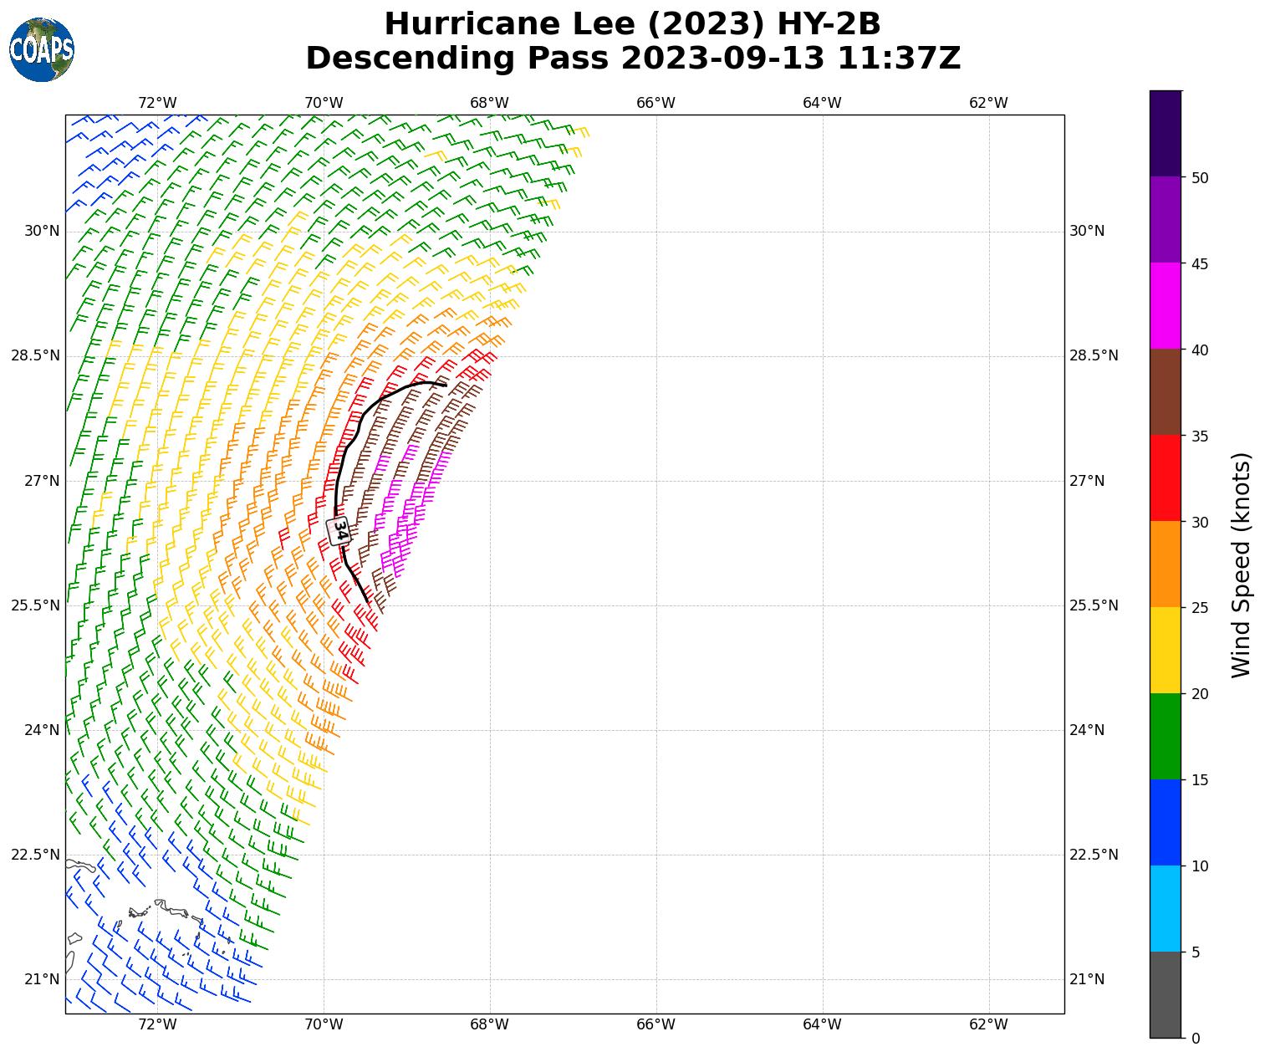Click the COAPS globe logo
[42, 50]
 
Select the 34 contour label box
[339, 530]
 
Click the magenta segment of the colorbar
[1165, 306]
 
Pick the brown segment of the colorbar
[1165, 392]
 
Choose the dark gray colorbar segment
[1165, 994]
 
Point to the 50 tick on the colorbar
[1200, 177]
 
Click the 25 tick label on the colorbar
[1200, 608]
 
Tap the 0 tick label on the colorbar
[1196, 1039]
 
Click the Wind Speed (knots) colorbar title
[1242, 564]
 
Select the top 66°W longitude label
[655, 103]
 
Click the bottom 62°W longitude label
[988, 1025]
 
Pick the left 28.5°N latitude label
[35, 356]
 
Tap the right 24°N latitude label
[1087, 730]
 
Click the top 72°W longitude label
[157, 103]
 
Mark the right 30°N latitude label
[1087, 231]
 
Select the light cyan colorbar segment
[1165, 908]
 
